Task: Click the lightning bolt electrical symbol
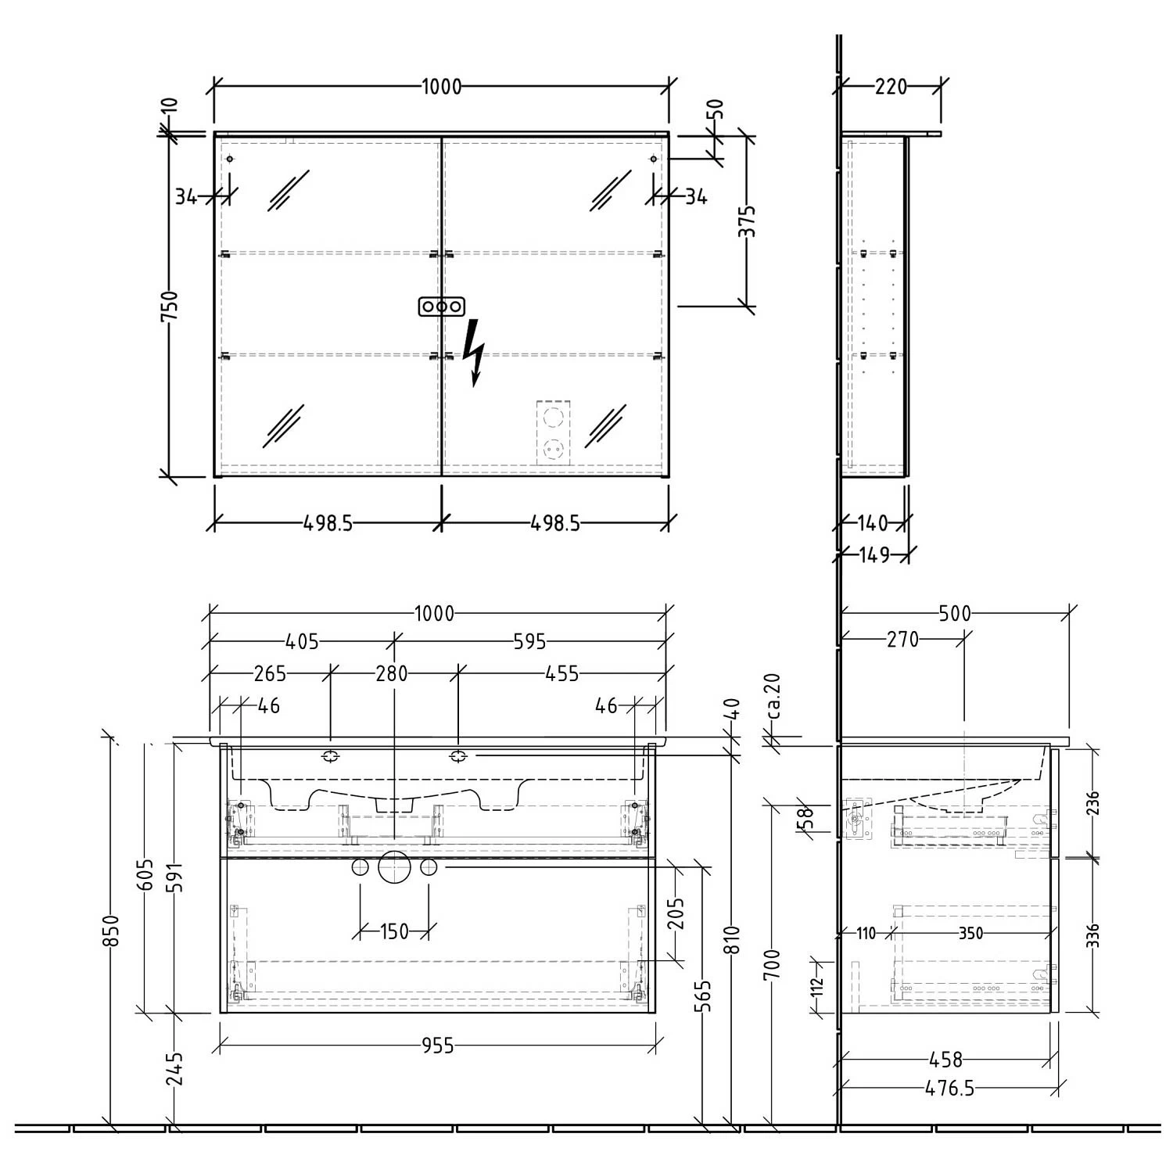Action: [x=472, y=353]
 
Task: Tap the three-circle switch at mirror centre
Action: [x=442, y=307]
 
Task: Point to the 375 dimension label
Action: [x=748, y=221]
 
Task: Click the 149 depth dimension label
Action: [x=873, y=554]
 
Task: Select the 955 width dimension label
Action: [x=437, y=1046]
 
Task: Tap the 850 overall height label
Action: [x=111, y=931]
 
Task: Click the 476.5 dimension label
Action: [x=949, y=1088]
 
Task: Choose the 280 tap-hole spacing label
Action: [x=392, y=673]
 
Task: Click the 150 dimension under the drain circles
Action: [x=394, y=931]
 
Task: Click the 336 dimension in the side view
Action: [x=1092, y=935]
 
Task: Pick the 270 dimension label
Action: [x=902, y=640]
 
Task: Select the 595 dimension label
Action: [x=529, y=642]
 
